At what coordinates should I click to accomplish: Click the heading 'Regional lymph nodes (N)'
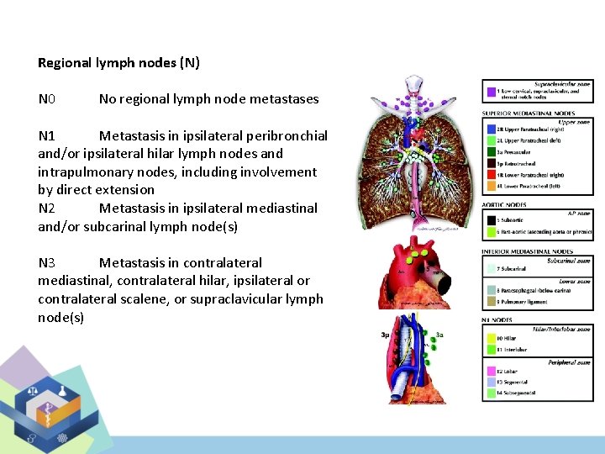(x=118, y=63)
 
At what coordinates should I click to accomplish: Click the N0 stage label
(x=47, y=99)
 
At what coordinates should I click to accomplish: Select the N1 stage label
(x=47, y=135)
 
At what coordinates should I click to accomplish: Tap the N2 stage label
(x=47, y=208)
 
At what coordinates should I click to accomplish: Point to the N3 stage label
(x=47, y=262)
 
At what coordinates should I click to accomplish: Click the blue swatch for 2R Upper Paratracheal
(x=489, y=129)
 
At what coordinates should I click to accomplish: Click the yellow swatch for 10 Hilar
(x=489, y=337)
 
